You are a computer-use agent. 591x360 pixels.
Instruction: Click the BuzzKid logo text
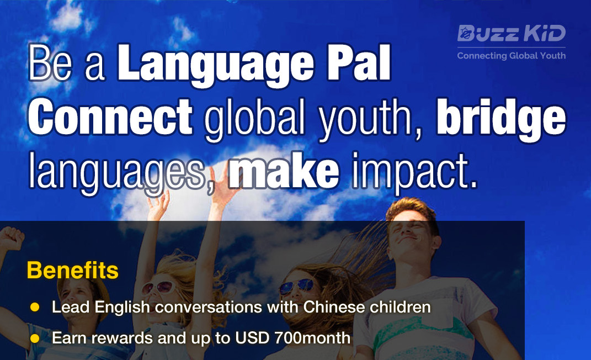pyautogui.click(x=512, y=33)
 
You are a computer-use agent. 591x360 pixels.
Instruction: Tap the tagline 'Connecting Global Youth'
pyautogui.click(x=512, y=55)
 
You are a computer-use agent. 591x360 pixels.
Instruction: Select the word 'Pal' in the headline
pyautogui.click(x=359, y=62)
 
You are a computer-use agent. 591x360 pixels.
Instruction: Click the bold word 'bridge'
pyautogui.click(x=501, y=119)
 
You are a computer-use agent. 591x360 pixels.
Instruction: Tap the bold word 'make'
pyautogui.click(x=284, y=170)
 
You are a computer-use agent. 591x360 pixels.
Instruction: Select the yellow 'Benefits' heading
pyautogui.click(x=72, y=271)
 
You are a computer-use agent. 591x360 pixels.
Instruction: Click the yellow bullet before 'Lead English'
pyautogui.click(x=35, y=307)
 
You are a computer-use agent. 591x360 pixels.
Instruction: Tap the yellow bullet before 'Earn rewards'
pyautogui.click(x=35, y=338)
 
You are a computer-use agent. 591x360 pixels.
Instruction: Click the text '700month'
pyautogui.click(x=312, y=338)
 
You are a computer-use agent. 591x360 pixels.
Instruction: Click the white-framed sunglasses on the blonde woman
pyautogui.click(x=159, y=288)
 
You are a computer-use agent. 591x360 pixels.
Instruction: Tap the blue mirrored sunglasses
pyautogui.click(x=297, y=286)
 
